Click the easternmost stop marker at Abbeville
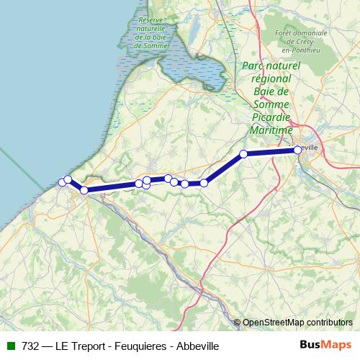pos(297,150)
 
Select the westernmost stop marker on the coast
pos(62,183)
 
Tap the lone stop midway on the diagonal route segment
pos(243,153)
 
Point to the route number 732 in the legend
pos(31,346)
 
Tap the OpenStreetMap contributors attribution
pos(297,322)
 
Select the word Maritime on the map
pos(271,130)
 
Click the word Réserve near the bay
pos(152,20)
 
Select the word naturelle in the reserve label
pos(152,29)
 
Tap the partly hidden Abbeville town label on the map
pos(312,148)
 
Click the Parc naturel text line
pos(271,66)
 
